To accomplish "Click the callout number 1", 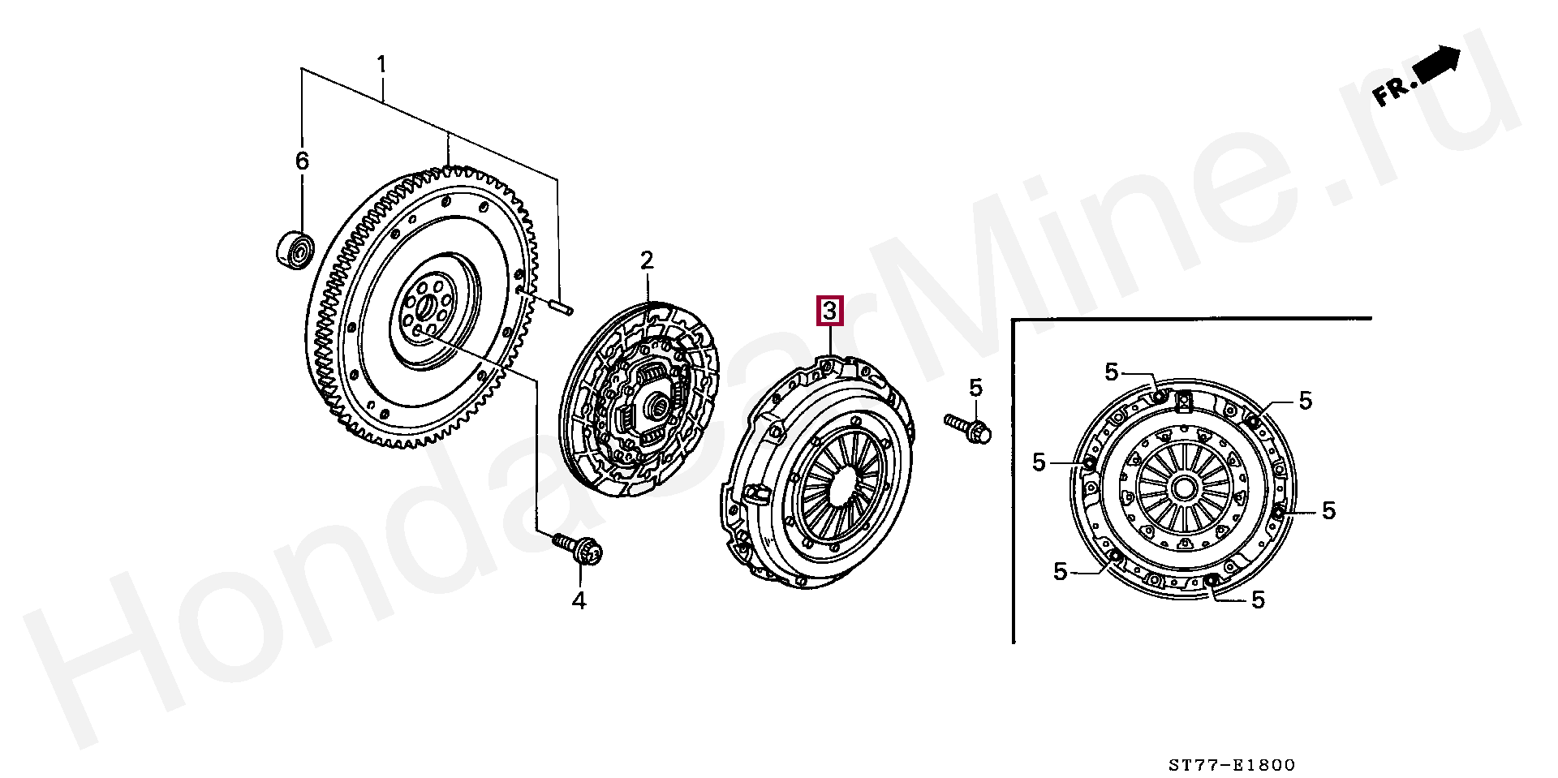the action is click(381, 64).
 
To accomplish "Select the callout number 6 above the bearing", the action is click(302, 161).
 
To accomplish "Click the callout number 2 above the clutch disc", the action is click(647, 260).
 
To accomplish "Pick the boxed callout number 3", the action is click(829, 312).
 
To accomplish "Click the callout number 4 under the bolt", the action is click(579, 601).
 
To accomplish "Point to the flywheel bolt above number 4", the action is click(578, 548).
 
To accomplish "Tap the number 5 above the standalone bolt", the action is click(975, 388).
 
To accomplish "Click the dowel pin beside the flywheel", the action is click(558, 305).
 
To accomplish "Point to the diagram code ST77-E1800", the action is click(1231, 765).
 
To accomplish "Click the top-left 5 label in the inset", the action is click(1111, 372).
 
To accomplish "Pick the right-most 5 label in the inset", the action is click(1328, 510).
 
